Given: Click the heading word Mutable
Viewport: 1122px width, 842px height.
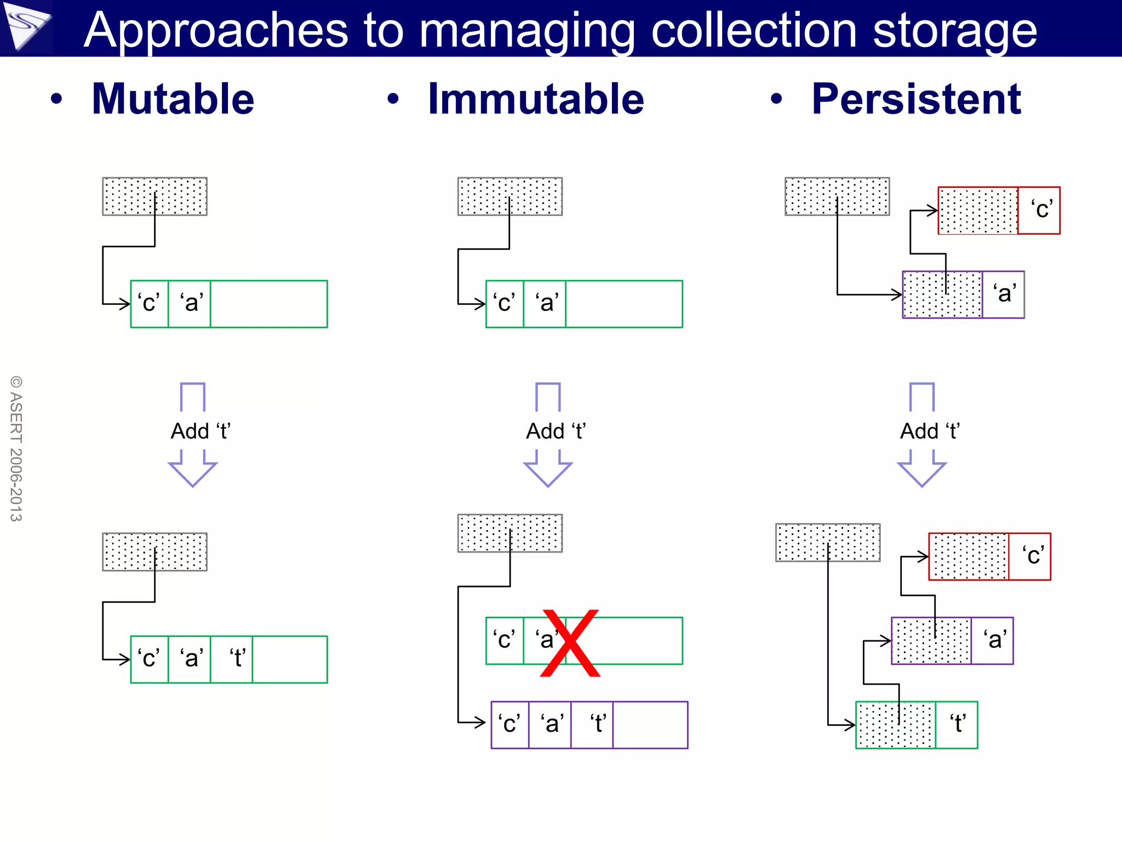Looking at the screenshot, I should tap(173, 99).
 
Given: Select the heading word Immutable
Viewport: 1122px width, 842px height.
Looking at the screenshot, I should tap(536, 99).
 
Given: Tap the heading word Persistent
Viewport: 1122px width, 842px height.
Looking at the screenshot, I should tap(916, 99).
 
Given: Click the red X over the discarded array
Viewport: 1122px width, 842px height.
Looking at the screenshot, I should tap(570, 643).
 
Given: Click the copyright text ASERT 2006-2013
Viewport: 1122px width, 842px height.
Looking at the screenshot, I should tap(16, 448).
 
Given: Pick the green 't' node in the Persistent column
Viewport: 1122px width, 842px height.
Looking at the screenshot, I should tap(917, 725).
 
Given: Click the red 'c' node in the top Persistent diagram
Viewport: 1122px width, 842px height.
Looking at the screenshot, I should tap(999, 210).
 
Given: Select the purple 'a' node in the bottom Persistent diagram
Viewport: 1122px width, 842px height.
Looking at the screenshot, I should tap(952, 641).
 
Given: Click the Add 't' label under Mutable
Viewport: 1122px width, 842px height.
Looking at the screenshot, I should tap(201, 431).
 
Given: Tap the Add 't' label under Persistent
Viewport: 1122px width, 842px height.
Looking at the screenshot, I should tap(930, 431).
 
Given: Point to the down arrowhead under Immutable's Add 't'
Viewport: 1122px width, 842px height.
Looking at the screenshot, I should tap(548, 472).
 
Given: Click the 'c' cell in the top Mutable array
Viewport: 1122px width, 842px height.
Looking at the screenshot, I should tap(150, 304).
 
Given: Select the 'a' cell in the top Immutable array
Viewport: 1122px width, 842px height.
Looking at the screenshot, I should tap(545, 304).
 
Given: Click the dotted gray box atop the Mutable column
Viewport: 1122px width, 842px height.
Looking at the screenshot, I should tap(154, 196).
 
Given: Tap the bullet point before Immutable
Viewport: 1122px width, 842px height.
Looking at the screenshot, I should tap(393, 99).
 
